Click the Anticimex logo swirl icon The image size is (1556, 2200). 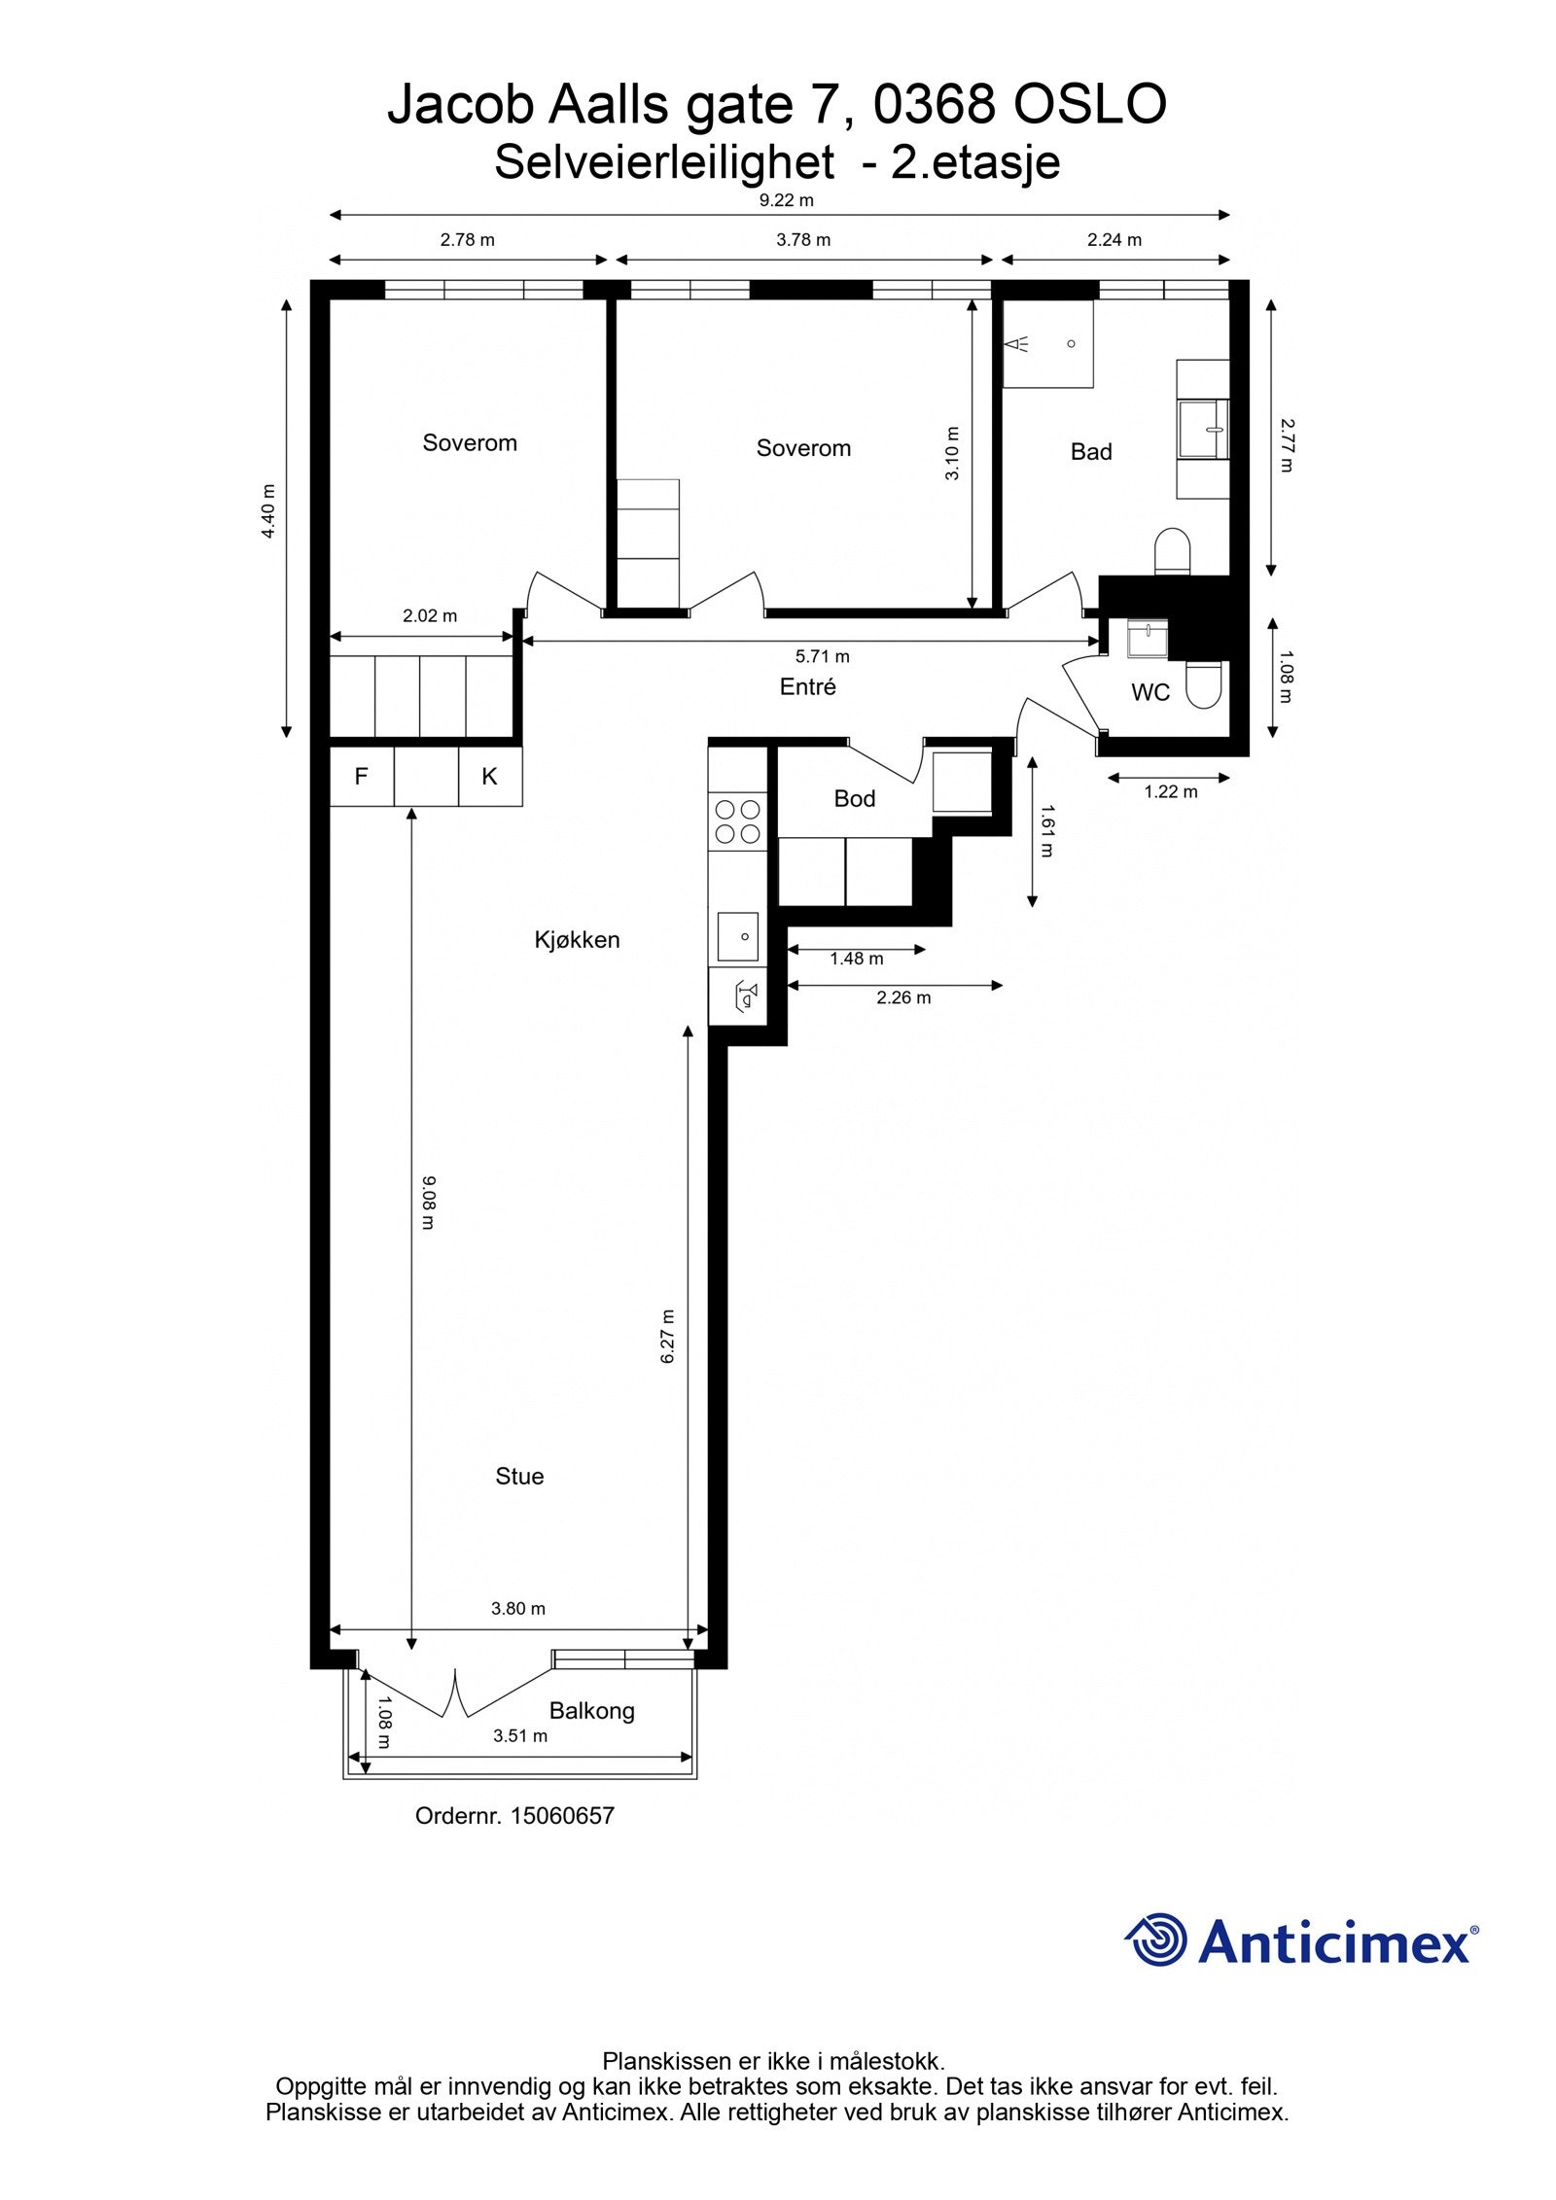pos(1156,1939)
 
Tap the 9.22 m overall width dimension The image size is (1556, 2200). pos(786,201)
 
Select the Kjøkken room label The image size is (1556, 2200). pos(577,940)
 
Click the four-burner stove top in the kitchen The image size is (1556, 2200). pos(738,821)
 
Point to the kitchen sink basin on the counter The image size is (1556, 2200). pos(738,936)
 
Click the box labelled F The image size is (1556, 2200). pos(361,777)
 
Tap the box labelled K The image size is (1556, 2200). pos(490,777)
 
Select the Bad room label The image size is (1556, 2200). pos(1090,451)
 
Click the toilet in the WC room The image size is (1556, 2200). pos(1204,684)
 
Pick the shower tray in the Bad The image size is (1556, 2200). pos(1048,344)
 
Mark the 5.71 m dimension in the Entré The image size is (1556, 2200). pos(822,656)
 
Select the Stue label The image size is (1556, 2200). pos(519,1476)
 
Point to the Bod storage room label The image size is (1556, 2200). pos(854,798)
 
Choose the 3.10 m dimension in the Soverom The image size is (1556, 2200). pos(952,453)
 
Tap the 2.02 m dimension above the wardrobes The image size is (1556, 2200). pos(430,615)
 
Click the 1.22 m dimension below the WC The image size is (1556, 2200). pos(1170,791)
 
